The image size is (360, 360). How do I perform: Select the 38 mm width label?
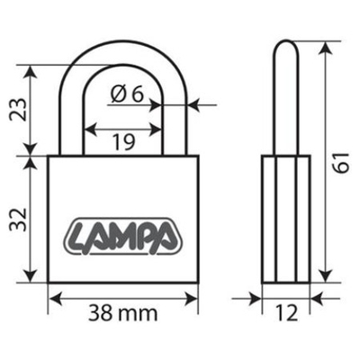click(123, 314)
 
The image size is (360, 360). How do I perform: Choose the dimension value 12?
click(285, 314)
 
